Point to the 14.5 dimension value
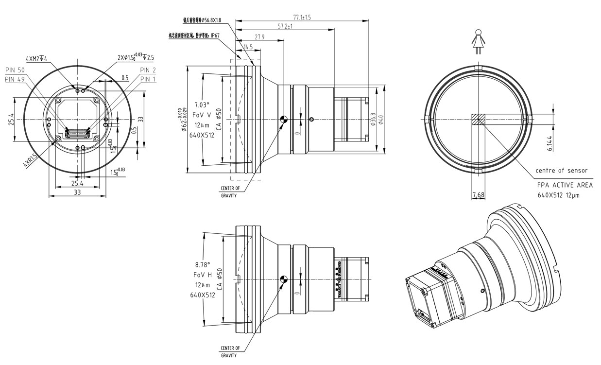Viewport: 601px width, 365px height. point(248,47)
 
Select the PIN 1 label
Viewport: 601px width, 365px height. point(149,79)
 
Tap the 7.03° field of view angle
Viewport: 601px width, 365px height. point(202,104)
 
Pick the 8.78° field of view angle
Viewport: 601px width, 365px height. point(202,265)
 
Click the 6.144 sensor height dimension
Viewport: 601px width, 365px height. point(549,142)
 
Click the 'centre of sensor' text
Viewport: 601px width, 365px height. point(561,171)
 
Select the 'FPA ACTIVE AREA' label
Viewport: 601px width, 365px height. point(565,185)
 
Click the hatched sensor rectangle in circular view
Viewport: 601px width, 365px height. point(478,120)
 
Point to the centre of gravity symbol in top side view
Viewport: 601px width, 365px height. point(284,119)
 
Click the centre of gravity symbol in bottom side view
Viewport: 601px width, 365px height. point(284,279)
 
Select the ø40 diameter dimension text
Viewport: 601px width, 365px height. point(381,119)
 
